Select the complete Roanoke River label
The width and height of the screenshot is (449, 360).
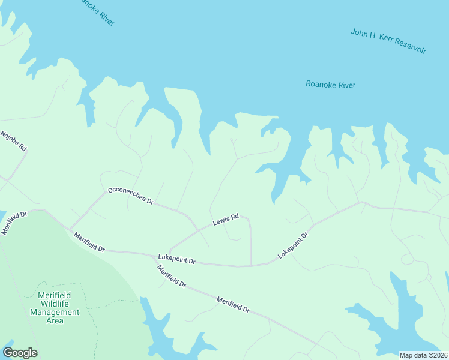pyautogui.click(x=330, y=85)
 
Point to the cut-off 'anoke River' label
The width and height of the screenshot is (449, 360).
pyautogui.click(x=96, y=12)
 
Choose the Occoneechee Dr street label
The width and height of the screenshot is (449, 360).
pyautogui.click(x=130, y=196)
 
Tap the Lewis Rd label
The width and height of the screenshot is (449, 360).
pyautogui.click(x=226, y=221)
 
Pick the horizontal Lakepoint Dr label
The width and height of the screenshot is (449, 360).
pyautogui.click(x=176, y=260)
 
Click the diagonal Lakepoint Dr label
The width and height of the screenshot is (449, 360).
pyautogui.click(x=292, y=245)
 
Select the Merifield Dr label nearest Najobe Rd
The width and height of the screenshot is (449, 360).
pyautogui.click(x=15, y=223)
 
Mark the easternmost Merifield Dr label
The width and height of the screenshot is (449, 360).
pyautogui.click(x=233, y=304)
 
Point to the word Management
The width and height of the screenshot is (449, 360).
pyautogui.click(x=55, y=312)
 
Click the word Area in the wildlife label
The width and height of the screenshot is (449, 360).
pyautogui.click(x=55, y=320)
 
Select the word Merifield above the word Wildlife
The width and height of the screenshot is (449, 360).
pyautogui.click(x=55, y=295)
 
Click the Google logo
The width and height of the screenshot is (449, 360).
pyautogui.click(x=20, y=353)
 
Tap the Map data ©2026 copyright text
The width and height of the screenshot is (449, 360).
pyautogui.click(x=423, y=355)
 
